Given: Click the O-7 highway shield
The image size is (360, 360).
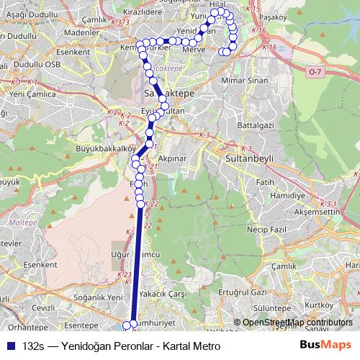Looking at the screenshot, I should click(314, 72).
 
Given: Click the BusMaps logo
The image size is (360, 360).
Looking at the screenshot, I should click(326, 345).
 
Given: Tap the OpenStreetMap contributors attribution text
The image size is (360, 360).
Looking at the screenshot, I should click(297, 323).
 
